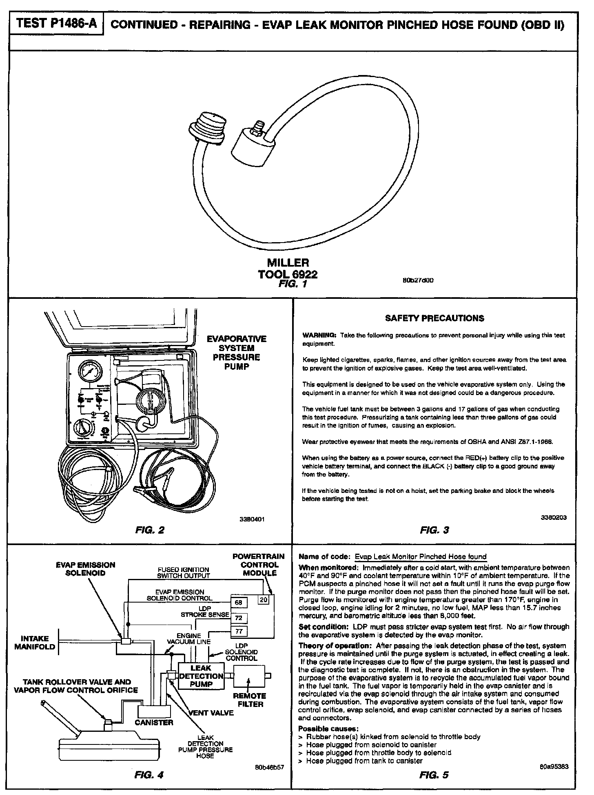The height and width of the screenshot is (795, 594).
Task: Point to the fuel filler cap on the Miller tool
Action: pos(208,126)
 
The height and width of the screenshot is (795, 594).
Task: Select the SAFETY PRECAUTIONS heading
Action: pos(434,318)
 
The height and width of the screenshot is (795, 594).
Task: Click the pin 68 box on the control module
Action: pos(239,602)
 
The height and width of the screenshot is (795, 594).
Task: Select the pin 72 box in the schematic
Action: pos(239,618)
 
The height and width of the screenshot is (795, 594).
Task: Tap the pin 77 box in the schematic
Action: pos(239,632)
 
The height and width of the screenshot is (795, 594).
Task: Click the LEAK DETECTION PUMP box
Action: pos(201,676)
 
